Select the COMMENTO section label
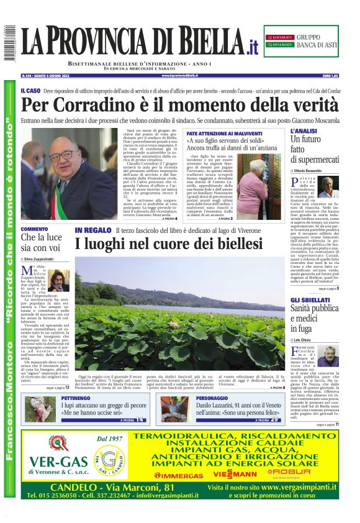[35, 229]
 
